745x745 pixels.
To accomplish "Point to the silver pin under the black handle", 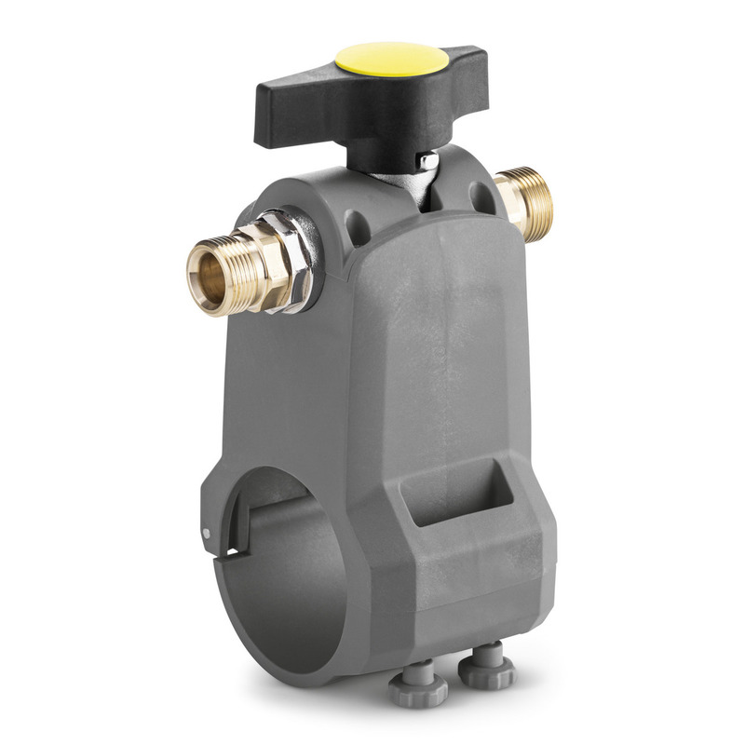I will click(427, 162).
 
